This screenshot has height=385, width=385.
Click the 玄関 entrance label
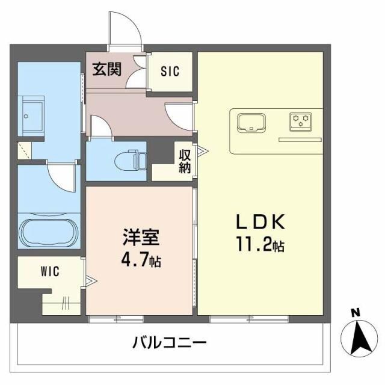click(x=106, y=69)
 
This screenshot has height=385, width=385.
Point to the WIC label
click(x=49, y=271)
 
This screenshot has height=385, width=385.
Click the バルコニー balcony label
click(x=169, y=343)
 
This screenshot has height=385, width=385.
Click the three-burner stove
click(x=300, y=122)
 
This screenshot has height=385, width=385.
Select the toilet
click(x=130, y=159)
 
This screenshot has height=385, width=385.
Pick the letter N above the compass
click(x=355, y=312)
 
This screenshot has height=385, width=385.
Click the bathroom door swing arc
click(x=63, y=176)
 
